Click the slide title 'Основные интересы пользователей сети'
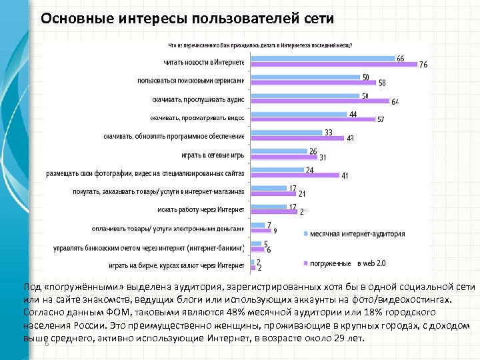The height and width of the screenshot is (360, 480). coord(187,18)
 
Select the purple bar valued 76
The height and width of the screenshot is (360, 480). coord(333,65)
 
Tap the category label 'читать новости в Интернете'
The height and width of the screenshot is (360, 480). coord(204,63)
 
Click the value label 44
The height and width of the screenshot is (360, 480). coord(353,115)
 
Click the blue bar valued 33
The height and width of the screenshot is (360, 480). coord(287,133)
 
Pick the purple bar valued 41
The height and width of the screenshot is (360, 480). coord(293,177)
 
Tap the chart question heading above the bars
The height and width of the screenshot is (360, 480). coord(260,45)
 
